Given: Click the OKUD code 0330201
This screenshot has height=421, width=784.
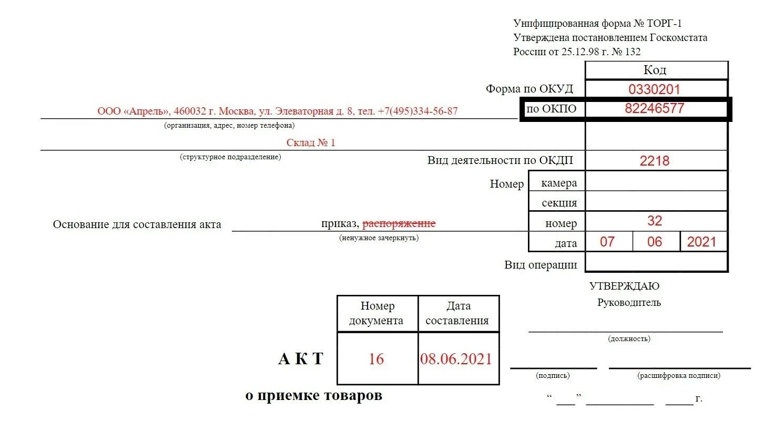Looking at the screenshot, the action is point(654,89).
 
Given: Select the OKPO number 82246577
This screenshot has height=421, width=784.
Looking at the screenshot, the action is point(654,109).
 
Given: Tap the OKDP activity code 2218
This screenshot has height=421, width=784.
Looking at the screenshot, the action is point(654,161).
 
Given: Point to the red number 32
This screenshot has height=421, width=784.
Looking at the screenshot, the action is point(654,221).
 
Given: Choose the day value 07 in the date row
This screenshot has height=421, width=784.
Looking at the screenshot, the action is point(607,242).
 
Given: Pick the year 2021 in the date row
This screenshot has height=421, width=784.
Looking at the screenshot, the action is point(701,242).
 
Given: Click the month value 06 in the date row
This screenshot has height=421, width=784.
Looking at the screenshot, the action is point(655,242).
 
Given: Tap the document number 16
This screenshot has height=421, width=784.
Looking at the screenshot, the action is point(376,359).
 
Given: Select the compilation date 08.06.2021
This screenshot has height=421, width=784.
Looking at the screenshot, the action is point(456,359).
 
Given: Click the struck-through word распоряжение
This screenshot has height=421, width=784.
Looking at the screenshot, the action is point(399,223).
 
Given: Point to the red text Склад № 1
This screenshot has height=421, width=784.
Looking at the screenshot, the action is point(310,142).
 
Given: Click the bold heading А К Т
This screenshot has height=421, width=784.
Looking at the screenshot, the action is point(300,359).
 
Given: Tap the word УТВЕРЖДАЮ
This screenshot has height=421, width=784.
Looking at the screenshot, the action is point(624,286).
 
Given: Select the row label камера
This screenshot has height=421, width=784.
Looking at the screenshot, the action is point(559,183).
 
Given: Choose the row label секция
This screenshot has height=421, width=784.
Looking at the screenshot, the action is point(559,203).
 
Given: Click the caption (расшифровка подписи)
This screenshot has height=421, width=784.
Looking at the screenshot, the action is point(679,376).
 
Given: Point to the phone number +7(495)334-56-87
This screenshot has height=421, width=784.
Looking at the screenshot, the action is point(418,111).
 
